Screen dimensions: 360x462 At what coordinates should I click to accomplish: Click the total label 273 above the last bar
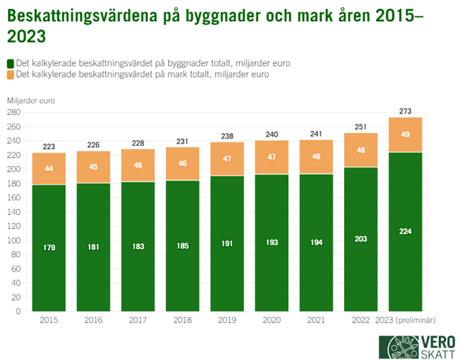[x=405, y=111]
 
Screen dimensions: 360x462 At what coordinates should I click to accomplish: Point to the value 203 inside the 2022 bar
[x=361, y=239]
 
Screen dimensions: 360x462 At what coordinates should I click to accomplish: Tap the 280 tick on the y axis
[x=14, y=113]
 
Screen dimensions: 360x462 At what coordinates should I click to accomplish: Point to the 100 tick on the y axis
[x=14, y=241]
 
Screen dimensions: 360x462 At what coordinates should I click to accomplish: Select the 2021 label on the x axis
[x=316, y=320]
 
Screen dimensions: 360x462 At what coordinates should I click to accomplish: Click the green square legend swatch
[x=10, y=63]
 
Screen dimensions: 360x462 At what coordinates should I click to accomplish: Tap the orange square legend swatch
[x=10, y=74]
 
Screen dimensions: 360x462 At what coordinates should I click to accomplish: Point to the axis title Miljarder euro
[x=30, y=100]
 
